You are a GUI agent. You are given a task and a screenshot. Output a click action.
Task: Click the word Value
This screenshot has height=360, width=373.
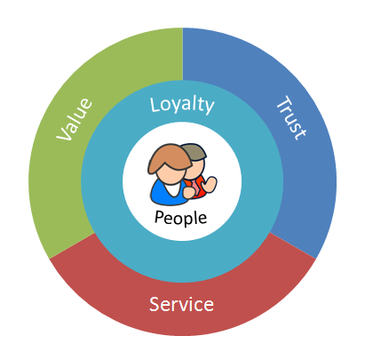pyautogui.click(x=75, y=119)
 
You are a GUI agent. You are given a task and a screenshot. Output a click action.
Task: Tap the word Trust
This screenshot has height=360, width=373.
pyautogui.click(x=291, y=117)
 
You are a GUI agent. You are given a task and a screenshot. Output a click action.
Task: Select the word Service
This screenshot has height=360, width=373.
pyautogui.click(x=181, y=304)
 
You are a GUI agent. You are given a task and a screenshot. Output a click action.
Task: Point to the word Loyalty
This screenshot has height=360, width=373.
pyautogui.click(x=182, y=105)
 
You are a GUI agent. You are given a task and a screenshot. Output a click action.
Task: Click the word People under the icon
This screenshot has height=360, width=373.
pyautogui.click(x=180, y=219)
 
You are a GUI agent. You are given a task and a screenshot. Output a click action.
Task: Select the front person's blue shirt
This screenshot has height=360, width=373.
pyautogui.click(x=163, y=194)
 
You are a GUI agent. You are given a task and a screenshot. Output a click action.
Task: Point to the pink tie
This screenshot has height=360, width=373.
pyautogui.click(x=194, y=189)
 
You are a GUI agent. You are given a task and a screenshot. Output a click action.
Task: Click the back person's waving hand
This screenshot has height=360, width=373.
pyautogui.click(x=210, y=184)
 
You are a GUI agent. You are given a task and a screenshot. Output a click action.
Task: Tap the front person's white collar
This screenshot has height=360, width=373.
pyautogui.click(x=173, y=189)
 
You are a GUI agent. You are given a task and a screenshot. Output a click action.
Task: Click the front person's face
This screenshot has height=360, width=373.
pyautogui.click(x=171, y=175)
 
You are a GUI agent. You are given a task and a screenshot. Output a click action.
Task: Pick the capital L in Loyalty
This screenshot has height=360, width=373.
pyautogui.click(x=155, y=104)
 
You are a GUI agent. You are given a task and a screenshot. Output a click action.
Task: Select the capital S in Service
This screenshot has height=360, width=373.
pyautogui.click(x=155, y=304)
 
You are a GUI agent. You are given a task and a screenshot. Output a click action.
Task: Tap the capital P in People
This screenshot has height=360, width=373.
pyautogui.click(x=159, y=217)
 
